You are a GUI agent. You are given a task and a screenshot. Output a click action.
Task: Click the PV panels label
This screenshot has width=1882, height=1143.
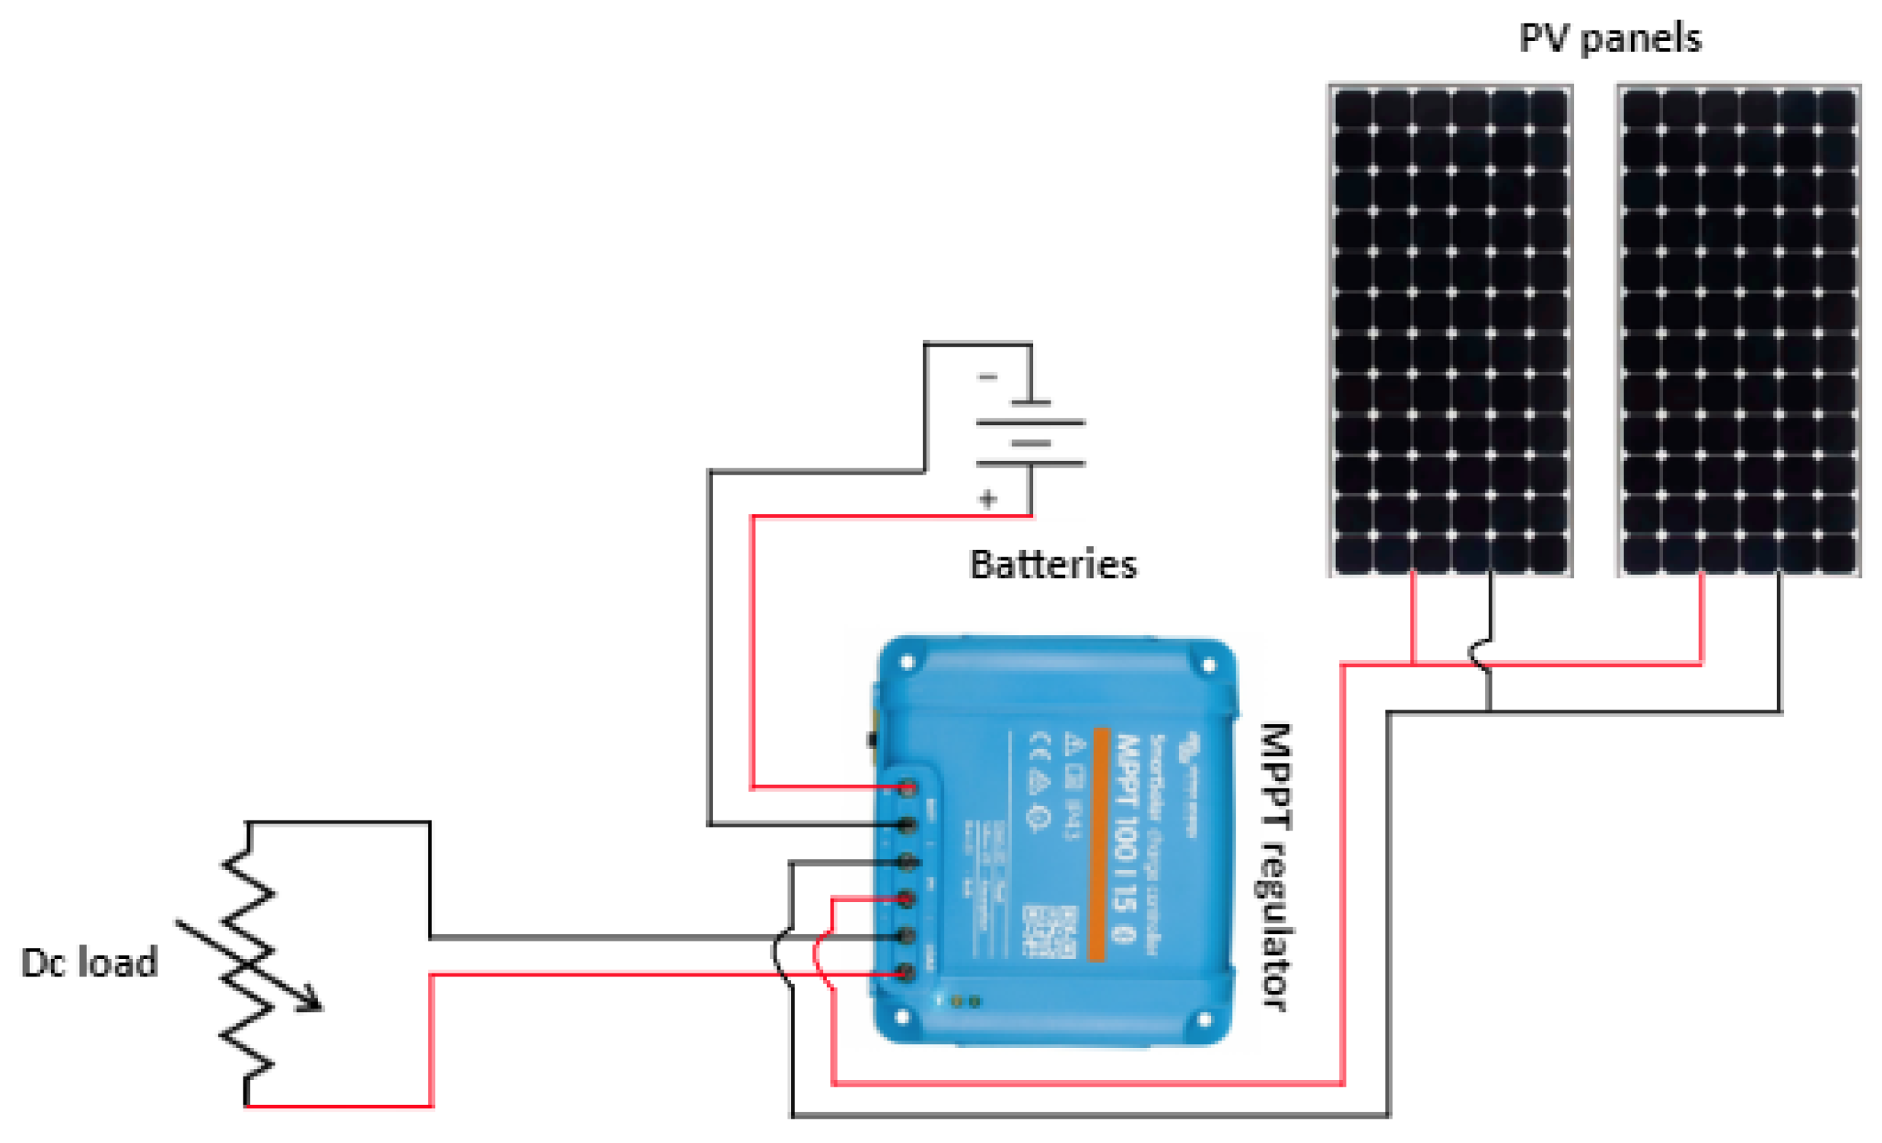pyautogui.click(x=1610, y=38)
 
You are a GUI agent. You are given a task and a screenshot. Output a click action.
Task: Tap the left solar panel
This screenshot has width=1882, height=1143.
pyautogui.click(x=1450, y=330)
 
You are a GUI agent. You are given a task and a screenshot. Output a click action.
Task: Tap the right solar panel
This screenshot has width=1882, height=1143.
pyautogui.click(x=1738, y=330)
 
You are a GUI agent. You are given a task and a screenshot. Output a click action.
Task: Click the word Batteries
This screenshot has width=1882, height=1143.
pyautogui.click(x=1053, y=566)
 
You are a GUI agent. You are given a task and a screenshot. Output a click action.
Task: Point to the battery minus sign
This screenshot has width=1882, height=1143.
pyautogui.click(x=987, y=377)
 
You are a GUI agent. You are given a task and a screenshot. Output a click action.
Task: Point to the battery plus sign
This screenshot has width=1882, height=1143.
pyautogui.click(x=987, y=500)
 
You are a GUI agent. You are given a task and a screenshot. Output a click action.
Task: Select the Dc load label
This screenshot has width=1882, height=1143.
pyautogui.click(x=89, y=963)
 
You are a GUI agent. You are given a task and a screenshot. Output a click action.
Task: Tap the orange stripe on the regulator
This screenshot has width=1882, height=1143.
pyautogui.click(x=1101, y=843)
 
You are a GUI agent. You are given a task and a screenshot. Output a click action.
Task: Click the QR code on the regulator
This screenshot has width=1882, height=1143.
pyautogui.click(x=1049, y=932)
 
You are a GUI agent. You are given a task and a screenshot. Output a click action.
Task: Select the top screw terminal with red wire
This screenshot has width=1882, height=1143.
pyautogui.click(x=907, y=788)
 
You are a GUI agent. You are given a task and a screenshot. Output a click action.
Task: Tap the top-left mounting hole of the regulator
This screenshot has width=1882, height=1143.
pyautogui.click(x=908, y=662)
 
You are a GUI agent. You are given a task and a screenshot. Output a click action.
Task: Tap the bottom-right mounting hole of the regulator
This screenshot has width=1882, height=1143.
pyautogui.click(x=1203, y=1019)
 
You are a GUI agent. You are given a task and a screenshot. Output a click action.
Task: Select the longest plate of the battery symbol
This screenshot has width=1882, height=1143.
pyautogui.click(x=1030, y=422)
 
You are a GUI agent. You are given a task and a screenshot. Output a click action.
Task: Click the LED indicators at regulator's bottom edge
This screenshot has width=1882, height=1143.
pyautogui.click(x=965, y=1001)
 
